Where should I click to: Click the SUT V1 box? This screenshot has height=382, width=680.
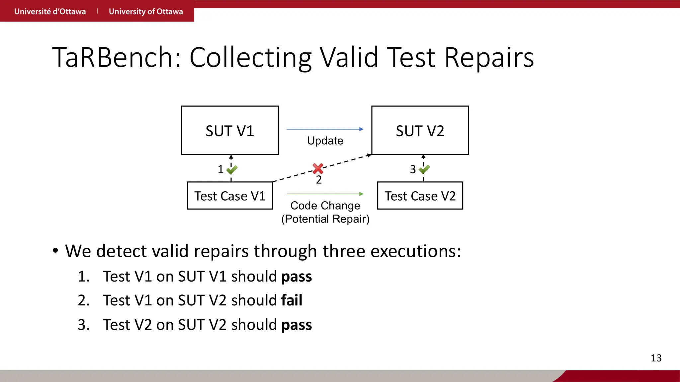pyautogui.click(x=230, y=130)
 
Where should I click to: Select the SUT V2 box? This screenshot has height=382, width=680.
pyautogui.click(x=420, y=130)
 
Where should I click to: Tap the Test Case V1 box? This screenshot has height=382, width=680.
pyautogui.click(x=230, y=196)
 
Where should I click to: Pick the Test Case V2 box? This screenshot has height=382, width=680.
pyautogui.click(x=420, y=196)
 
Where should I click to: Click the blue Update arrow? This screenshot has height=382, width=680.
pyautogui.click(x=325, y=129)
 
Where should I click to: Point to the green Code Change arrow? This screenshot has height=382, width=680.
pyautogui.click(x=325, y=194)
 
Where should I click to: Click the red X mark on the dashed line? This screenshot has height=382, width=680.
pyautogui.click(x=318, y=168)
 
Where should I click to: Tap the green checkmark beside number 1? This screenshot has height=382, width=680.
pyautogui.click(x=232, y=170)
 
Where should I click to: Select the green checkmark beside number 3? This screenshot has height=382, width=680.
pyautogui.click(x=424, y=169)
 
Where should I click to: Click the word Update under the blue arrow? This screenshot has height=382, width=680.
pyautogui.click(x=325, y=141)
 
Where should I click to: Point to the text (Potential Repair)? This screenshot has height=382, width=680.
pyautogui.click(x=325, y=219)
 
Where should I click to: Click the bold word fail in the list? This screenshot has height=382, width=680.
pyautogui.click(x=292, y=300)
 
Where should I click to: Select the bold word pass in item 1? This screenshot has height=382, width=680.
pyautogui.click(x=296, y=277)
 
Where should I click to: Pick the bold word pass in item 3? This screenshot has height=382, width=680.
pyautogui.click(x=296, y=325)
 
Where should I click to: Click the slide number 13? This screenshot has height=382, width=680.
pyautogui.click(x=656, y=358)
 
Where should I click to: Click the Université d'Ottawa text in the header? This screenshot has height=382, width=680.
pyautogui.click(x=50, y=11)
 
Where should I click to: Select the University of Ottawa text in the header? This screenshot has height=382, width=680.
pyautogui.click(x=146, y=11)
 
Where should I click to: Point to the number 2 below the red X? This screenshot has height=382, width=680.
pyautogui.click(x=319, y=180)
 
